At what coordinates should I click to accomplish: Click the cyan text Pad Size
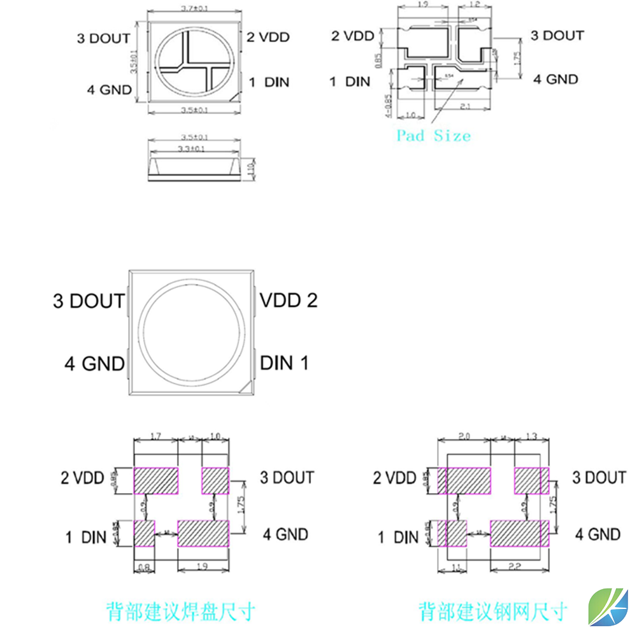point(433,136)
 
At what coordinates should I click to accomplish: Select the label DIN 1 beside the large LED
point(285,363)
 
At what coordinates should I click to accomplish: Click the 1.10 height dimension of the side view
point(250,170)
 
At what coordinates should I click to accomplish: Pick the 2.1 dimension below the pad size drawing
point(466,107)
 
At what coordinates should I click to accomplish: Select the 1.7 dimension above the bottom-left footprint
point(155,436)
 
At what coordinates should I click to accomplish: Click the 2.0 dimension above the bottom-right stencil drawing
point(464,436)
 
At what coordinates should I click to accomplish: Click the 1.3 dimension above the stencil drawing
point(531,436)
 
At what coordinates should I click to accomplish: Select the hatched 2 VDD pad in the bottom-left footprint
point(156,480)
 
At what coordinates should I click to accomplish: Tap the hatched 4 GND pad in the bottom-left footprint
point(203,533)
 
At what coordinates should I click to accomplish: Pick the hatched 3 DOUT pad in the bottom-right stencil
point(531,480)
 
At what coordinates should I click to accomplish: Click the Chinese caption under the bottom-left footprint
point(181,612)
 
